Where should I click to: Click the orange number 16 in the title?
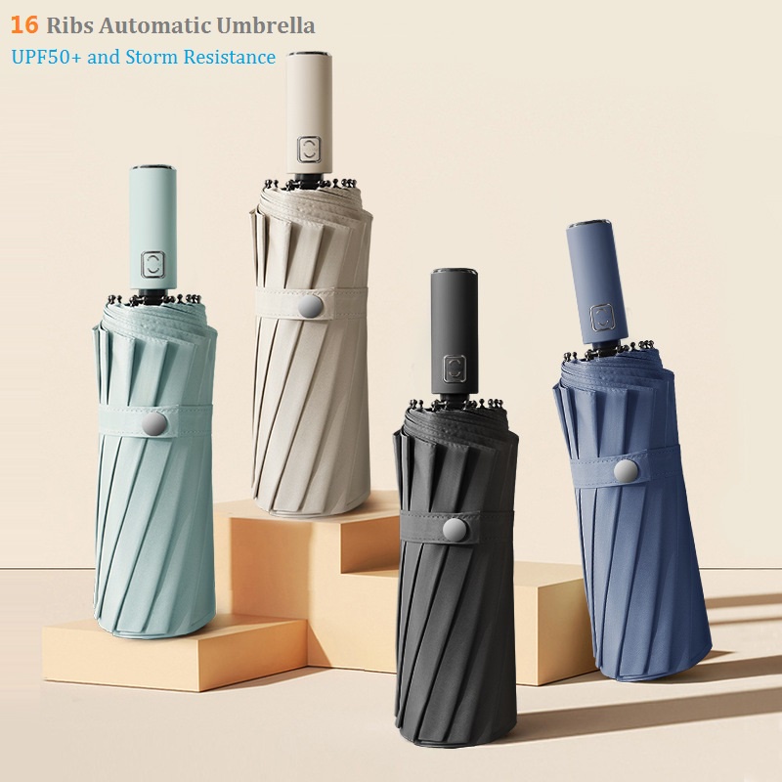click(x=24, y=23)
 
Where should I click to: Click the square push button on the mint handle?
click(x=153, y=263)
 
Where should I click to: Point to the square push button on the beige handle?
click(x=309, y=150)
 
